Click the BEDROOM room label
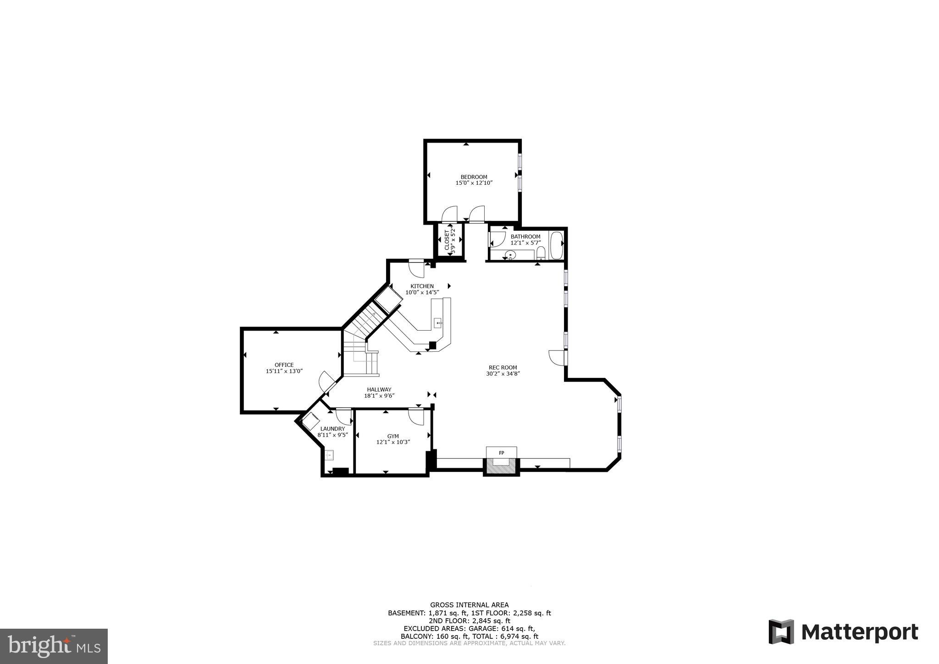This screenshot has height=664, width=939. pyautogui.click(x=474, y=177)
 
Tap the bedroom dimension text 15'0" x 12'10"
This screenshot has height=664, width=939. pyautogui.click(x=474, y=183)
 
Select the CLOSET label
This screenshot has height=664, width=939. pyautogui.click(x=447, y=239)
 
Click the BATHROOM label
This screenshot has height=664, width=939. pyautogui.click(x=525, y=237)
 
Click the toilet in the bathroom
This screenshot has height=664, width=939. pyautogui.click(x=541, y=253)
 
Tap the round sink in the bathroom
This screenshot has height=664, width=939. pyautogui.click(x=509, y=255)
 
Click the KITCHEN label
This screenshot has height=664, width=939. pyautogui.click(x=422, y=286)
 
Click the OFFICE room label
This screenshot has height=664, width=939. pyautogui.click(x=284, y=365)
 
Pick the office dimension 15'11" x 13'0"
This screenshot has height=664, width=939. pyautogui.click(x=284, y=371)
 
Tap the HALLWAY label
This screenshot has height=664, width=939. pyautogui.click(x=379, y=389)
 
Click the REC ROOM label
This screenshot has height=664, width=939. pyautogui.click(x=503, y=367)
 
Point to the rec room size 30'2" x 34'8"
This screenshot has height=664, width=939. pyautogui.click(x=503, y=374)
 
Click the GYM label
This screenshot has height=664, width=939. pyautogui.click(x=393, y=436)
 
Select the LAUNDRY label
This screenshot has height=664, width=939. pyautogui.click(x=332, y=429)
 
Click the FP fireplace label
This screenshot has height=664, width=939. pyautogui.click(x=502, y=453)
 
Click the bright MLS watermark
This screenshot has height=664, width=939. pyautogui.click(x=54, y=646)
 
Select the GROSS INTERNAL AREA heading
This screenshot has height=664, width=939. pyautogui.click(x=469, y=605)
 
